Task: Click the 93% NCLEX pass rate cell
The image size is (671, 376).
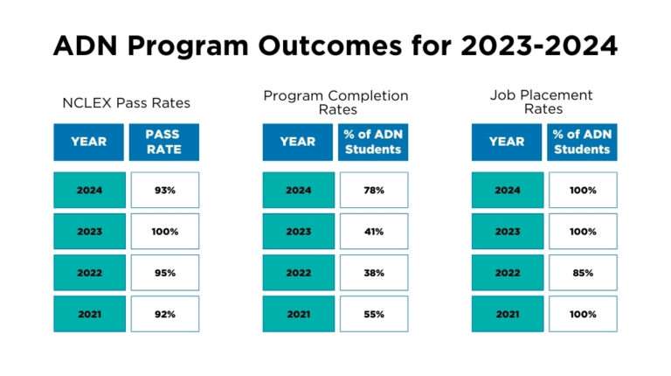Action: tap(164, 190)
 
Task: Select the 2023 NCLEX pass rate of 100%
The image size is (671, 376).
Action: tap(164, 232)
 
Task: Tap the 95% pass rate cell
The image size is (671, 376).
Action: tap(164, 273)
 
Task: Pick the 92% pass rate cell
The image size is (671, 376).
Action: tap(164, 314)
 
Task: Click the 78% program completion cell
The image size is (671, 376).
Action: tap(374, 190)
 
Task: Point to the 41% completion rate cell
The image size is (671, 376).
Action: tap(374, 232)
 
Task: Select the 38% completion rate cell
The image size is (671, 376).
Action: tap(374, 273)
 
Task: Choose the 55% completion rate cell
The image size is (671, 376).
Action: tap(374, 314)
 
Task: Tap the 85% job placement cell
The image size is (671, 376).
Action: tap(583, 273)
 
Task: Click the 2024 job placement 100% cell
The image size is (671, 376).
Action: tap(583, 190)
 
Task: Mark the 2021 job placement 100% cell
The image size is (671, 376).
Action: tap(583, 314)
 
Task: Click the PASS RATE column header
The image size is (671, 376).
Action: tap(164, 142)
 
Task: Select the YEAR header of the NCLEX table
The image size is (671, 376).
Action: tap(88, 142)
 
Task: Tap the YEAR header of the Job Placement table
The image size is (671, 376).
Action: tap(507, 142)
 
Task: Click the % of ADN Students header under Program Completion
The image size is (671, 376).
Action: tap(374, 142)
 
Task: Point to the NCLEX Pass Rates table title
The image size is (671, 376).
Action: tap(126, 103)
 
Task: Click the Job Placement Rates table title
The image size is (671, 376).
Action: tap(543, 101)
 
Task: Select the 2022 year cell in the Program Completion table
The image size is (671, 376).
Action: tap(298, 273)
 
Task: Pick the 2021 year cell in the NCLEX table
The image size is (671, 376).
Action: tap(88, 314)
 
